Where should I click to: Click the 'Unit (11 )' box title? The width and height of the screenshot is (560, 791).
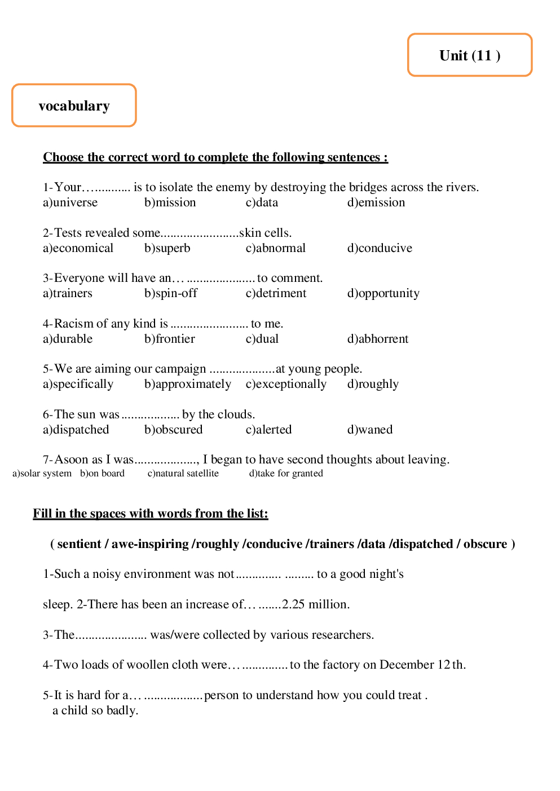click(470, 55)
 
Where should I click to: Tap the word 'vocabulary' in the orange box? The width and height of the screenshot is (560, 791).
click(74, 106)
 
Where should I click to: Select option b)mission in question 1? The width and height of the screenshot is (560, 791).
click(170, 202)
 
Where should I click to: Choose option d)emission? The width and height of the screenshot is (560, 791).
click(376, 202)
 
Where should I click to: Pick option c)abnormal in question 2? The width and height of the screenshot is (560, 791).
click(275, 248)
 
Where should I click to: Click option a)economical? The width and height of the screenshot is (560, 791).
click(78, 248)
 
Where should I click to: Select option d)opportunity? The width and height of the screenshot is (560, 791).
click(383, 293)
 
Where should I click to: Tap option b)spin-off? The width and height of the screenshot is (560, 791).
click(170, 293)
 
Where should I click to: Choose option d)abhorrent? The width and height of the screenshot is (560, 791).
click(377, 339)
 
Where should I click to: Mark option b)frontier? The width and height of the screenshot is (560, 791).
click(169, 339)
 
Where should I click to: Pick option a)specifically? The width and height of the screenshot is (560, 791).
click(78, 384)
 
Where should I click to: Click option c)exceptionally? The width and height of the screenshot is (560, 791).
click(285, 384)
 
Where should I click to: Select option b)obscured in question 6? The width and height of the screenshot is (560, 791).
click(173, 430)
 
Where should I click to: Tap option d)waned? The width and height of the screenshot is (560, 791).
click(369, 430)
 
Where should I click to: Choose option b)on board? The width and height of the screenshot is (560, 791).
click(102, 474)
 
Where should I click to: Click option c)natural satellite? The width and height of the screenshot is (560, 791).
click(183, 474)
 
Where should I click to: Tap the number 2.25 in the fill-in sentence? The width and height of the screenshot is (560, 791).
click(293, 604)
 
